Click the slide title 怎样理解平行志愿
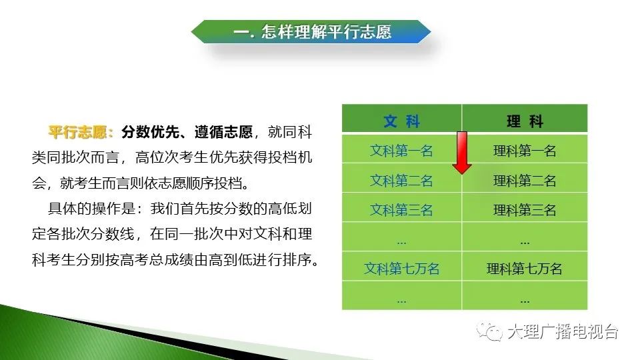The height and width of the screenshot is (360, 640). point(327,31)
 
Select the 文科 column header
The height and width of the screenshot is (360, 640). point(401,121)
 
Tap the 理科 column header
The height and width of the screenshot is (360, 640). point(525,121)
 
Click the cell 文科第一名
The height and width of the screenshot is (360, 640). point(401,151)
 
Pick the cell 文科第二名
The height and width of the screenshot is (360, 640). point(401,181)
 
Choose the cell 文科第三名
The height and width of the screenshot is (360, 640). point(401,210)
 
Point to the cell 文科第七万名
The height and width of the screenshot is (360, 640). point(401,269)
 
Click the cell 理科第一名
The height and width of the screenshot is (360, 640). point(525,151)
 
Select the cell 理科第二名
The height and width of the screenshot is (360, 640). point(525,181)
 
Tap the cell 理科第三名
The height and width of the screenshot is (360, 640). point(525,210)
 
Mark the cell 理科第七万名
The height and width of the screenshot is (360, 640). point(525,269)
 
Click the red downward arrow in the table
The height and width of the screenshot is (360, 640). point(462,153)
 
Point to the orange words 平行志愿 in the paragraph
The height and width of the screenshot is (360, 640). point(77,132)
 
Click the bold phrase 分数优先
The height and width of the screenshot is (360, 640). point(150,132)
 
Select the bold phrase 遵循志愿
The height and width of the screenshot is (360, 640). point(223,132)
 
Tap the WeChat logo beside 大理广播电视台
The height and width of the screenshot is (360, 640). point(489,331)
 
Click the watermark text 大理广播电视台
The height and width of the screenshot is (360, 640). point(563,331)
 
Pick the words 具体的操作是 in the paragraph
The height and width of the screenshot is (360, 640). point(92,208)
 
